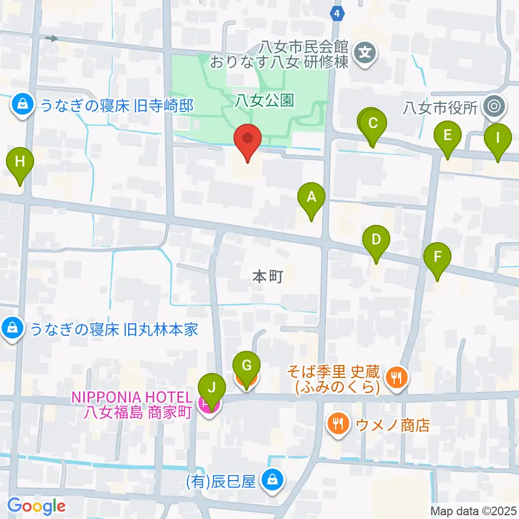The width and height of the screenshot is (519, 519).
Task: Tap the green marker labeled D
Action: click(x=376, y=239)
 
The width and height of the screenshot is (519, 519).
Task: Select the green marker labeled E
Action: click(x=447, y=135)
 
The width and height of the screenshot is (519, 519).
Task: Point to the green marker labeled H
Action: click(x=20, y=162)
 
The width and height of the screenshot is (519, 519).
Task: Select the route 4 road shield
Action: click(x=337, y=14)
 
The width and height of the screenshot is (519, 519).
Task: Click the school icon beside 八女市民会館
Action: click(x=366, y=52)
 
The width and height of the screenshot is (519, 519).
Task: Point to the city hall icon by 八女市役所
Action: click(x=493, y=107)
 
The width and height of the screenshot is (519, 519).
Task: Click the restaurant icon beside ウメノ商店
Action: click(x=338, y=423)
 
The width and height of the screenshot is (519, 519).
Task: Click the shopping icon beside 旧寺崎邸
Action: click(x=22, y=105)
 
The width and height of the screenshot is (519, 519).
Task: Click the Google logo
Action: click(x=36, y=507)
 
